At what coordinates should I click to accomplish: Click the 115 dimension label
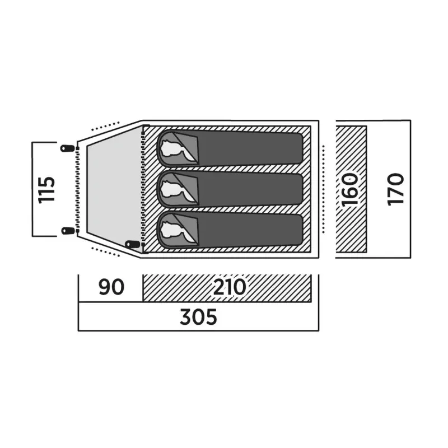pyautogui.click(x=46, y=189)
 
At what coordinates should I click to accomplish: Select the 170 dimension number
pyautogui.click(x=396, y=189)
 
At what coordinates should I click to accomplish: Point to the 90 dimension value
pyautogui.click(x=111, y=287)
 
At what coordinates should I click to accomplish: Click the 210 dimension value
pyautogui.click(x=230, y=287)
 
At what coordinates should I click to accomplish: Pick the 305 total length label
pyautogui.click(x=198, y=316)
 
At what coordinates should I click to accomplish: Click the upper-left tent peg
pyautogui.click(x=67, y=148)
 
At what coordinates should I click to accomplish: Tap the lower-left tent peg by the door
pyautogui.click(x=67, y=230)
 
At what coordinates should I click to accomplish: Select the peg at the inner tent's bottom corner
pyautogui.click(x=132, y=244)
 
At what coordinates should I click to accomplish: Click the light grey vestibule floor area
pyautogui.click(x=114, y=189)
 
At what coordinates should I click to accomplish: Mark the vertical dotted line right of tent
pyautogui.click(x=323, y=189)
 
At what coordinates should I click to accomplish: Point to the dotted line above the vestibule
pyautogui.click(x=105, y=126)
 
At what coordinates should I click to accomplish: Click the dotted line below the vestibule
pyautogui.click(x=105, y=251)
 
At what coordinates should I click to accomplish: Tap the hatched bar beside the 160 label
pyautogui.click(x=351, y=189)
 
